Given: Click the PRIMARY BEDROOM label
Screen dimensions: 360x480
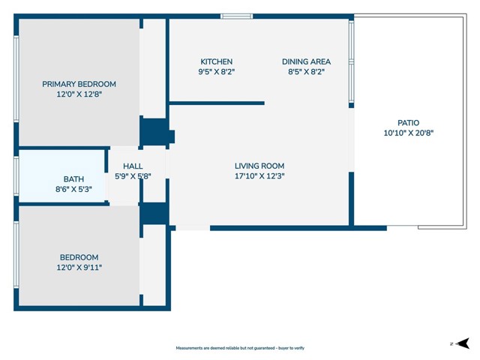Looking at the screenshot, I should (x=79, y=84).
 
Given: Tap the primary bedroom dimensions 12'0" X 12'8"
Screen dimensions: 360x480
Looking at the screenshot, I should (x=79, y=95).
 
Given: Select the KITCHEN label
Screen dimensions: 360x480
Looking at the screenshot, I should (x=216, y=61).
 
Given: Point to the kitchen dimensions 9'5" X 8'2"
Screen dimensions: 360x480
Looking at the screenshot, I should (x=216, y=73).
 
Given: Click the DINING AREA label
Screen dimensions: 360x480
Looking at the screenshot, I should (x=306, y=61).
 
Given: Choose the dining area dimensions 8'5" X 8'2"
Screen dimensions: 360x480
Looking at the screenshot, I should (x=306, y=73).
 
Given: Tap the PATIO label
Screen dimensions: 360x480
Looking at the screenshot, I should (x=408, y=123).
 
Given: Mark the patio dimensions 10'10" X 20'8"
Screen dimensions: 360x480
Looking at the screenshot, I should (x=408, y=133).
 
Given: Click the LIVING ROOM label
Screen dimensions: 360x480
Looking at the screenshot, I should (x=259, y=166).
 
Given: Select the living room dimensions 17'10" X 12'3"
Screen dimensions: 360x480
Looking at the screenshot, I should (x=259, y=177).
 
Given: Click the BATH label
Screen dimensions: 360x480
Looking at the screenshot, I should (x=73, y=179).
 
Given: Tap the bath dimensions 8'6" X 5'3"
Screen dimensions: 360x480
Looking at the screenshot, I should (x=73, y=190).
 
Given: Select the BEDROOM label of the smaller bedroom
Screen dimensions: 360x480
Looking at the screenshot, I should (x=79, y=257).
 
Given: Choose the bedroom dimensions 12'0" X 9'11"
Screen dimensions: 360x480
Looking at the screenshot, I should (x=79, y=268).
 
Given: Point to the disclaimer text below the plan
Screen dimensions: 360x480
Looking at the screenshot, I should (x=240, y=348).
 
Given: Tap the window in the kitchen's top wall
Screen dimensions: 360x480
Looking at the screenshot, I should (x=236, y=16).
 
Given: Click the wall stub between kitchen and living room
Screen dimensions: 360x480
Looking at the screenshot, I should (x=217, y=103).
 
